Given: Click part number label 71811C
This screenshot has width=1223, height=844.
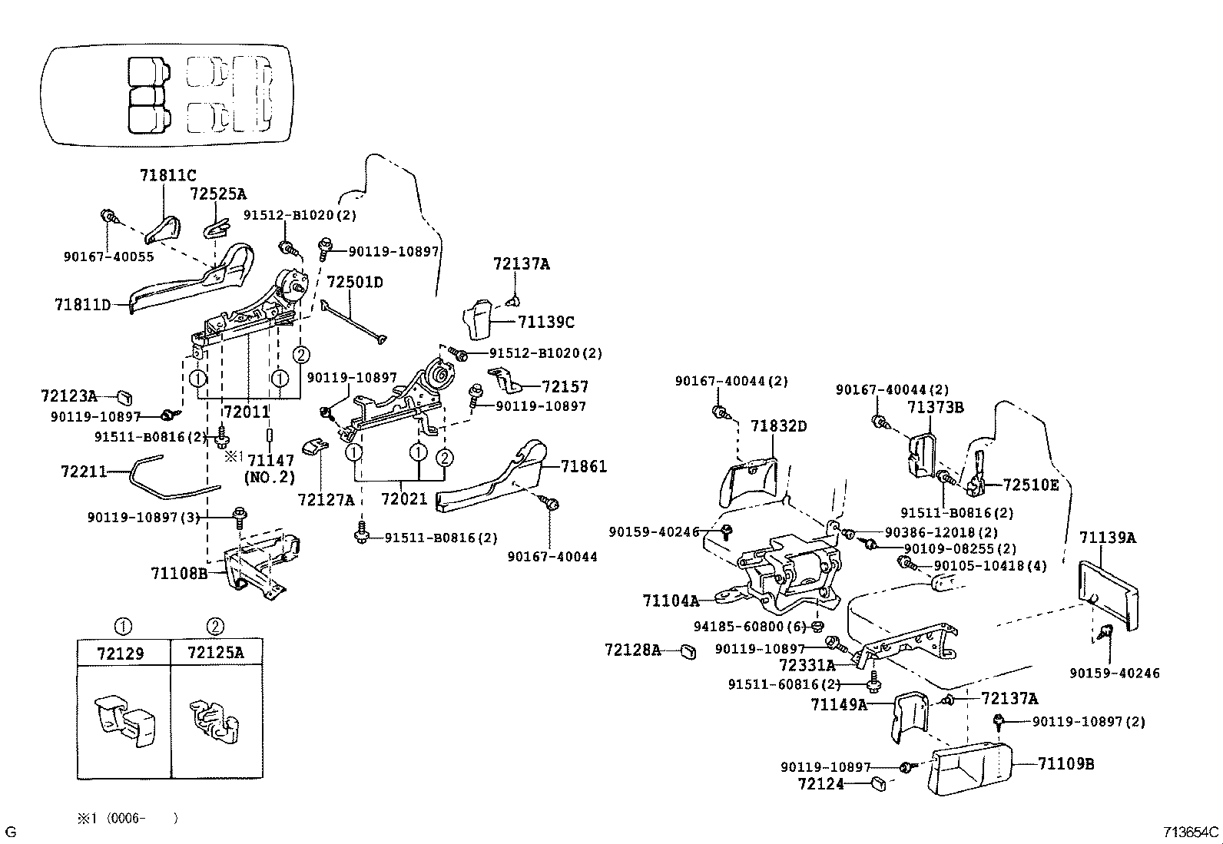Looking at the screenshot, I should point(167,176).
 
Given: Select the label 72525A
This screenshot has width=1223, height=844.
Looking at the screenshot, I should point(218,194).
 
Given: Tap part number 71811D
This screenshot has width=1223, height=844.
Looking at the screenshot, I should point(82,305).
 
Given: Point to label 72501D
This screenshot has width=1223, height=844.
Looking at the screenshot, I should point(355,283).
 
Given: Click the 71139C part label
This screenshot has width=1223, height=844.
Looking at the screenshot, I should point(546,323).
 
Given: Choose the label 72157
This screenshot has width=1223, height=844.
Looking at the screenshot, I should point(565,387).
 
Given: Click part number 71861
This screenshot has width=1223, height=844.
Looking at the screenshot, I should point(584,466).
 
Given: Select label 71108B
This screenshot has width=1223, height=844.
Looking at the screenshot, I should point(179,573).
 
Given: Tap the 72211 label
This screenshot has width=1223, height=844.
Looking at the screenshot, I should point(84,471).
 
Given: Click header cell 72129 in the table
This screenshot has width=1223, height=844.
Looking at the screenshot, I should point(124,654).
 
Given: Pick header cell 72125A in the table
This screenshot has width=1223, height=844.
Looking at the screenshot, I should point(216,654).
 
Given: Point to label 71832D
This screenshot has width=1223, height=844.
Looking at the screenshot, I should point(779,426).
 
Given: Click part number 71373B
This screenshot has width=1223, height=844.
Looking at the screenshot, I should point(935,407).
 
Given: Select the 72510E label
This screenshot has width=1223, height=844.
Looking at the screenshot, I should point(1031,485).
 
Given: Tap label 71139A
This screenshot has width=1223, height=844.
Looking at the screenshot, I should point(1107,538).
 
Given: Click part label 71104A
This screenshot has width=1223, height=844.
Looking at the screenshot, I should point(671,601).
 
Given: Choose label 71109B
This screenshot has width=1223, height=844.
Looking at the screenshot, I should point(1066,764).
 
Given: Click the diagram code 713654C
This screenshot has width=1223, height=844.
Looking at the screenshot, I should point(1190,832).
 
